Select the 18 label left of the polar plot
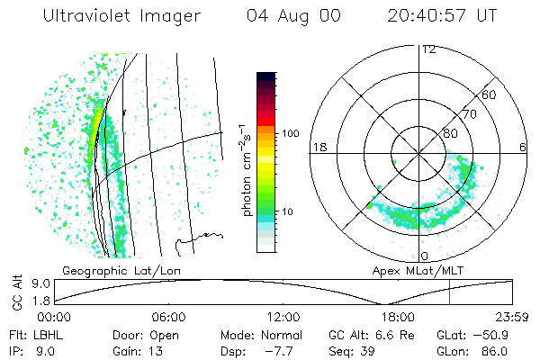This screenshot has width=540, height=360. [318, 147]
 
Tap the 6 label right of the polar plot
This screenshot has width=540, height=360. [523, 147]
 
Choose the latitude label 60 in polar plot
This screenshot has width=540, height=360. [490, 95]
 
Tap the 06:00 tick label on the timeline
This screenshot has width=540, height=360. [169, 317]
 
